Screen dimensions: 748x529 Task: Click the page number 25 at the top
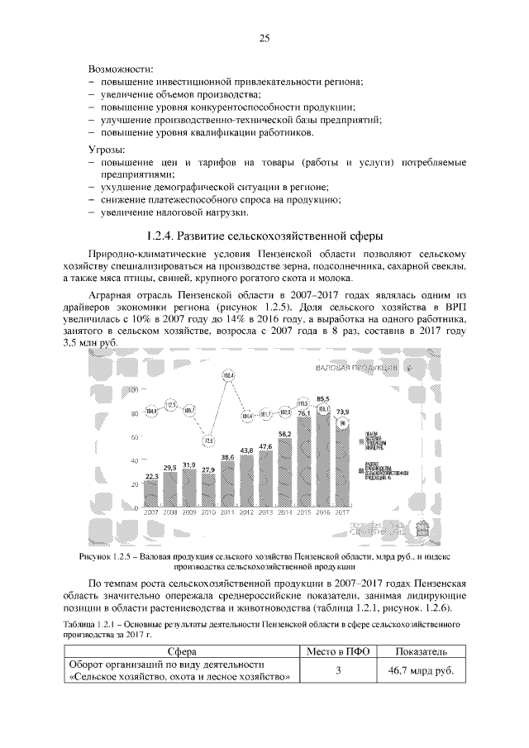point(264,37)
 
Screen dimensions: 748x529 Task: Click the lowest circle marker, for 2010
point(209,441)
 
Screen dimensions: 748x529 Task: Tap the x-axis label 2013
point(265,512)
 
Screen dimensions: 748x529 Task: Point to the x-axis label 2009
point(190,512)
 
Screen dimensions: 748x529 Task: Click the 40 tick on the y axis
point(133,460)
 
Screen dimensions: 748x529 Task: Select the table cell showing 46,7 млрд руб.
point(420,671)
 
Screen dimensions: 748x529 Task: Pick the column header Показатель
point(420,651)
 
